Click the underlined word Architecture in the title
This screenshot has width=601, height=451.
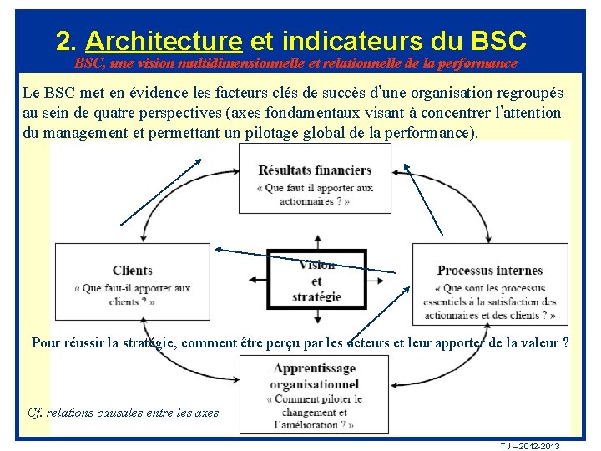click(164, 40)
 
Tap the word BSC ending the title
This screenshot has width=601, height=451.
click(498, 40)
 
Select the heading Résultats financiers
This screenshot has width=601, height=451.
click(315, 170)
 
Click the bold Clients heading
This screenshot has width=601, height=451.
click(132, 270)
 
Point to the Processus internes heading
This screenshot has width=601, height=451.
click(489, 270)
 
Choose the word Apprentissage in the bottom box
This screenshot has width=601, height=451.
click(315, 368)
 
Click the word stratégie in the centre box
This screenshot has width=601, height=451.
click(316, 296)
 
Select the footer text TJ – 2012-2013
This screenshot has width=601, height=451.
click(530, 446)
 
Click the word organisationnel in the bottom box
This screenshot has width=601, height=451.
click(315, 384)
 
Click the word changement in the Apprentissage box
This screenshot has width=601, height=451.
click(314, 412)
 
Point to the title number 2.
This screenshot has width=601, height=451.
click(64, 40)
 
